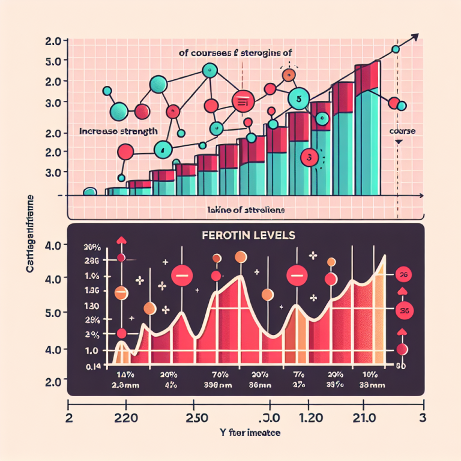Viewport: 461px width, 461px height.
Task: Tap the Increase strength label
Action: (119, 130)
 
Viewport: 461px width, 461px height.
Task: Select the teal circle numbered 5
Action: (298, 98)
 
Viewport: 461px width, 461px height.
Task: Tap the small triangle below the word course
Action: (399, 142)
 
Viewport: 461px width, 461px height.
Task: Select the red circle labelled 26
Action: (403, 276)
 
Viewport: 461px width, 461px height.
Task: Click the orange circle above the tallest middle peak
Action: (240, 258)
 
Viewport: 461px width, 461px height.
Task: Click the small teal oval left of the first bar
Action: (89, 192)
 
